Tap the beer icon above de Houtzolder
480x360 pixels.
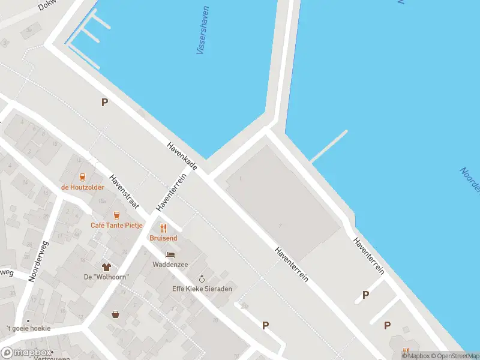coord(83,177)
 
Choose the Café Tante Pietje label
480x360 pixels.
coord(116,225)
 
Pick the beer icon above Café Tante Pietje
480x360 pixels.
coord(116,215)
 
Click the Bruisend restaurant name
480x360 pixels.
coord(163,238)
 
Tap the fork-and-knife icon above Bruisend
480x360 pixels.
coord(163,228)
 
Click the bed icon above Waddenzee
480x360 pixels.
coord(171,254)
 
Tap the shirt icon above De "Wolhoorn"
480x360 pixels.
coord(107,266)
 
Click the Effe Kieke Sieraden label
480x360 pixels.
coord(202,289)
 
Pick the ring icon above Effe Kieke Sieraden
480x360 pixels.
coord(202,279)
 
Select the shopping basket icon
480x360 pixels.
coord(115,314)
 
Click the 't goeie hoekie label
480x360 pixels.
coord(28,328)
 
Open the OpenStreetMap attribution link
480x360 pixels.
coord(454,356)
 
